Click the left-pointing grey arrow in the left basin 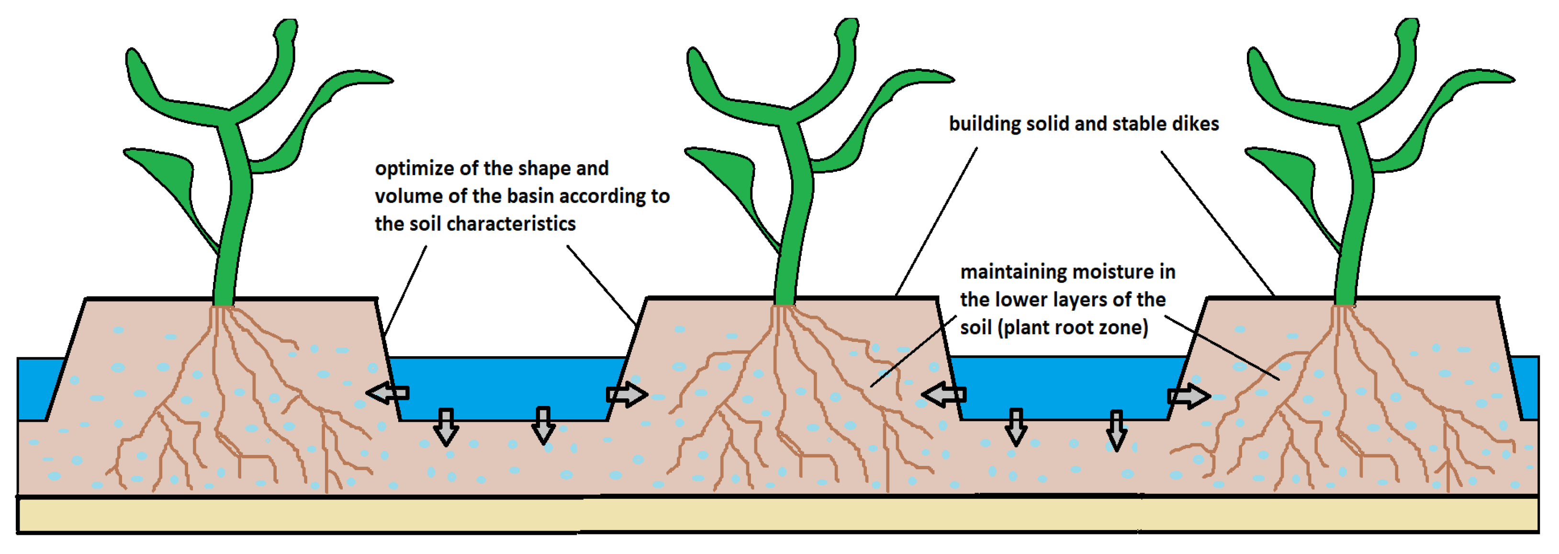click(x=388, y=394)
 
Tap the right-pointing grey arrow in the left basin click(x=627, y=395)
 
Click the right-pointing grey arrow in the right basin click(x=1189, y=396)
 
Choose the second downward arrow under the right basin click(x=1117, y=430)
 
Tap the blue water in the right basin click(x=1065, y=387)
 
